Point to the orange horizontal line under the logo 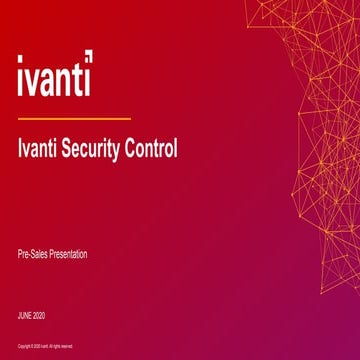click(73, 118)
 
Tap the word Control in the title click(151, 151)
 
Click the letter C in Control click(130, 151)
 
